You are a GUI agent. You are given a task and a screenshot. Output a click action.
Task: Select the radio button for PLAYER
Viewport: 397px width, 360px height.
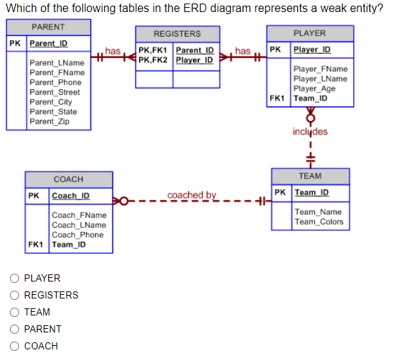[13, 279]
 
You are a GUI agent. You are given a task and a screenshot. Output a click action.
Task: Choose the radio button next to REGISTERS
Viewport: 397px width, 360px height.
[13, 296]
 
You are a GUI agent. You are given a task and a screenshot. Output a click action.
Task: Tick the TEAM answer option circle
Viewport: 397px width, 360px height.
[13, 313]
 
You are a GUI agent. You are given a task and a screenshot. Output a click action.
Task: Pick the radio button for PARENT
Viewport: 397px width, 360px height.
[13, 330]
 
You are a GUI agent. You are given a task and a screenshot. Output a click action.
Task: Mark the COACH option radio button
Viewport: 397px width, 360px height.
[13, 347]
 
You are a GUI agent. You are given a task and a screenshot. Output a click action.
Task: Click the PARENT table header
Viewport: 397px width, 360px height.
[48, 27]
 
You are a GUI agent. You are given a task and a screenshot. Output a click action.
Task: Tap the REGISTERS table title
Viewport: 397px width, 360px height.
[177, 33]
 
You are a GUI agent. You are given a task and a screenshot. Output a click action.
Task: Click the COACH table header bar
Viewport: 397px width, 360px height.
[68, 179]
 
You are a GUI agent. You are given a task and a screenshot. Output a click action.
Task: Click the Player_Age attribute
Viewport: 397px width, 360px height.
[314, 88]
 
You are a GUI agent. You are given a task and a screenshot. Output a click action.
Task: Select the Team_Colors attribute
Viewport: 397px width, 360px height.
[318, 221]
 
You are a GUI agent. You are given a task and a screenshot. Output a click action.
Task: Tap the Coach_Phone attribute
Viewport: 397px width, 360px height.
[77, 235]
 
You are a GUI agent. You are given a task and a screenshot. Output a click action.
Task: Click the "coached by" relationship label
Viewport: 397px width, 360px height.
[192, 195]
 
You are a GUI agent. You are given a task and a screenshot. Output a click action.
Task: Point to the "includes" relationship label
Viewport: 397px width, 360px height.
[310, 132]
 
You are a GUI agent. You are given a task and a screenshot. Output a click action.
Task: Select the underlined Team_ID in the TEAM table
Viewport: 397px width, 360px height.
[311, 192]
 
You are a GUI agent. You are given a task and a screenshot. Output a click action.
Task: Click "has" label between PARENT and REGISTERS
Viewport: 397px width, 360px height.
[113, 50]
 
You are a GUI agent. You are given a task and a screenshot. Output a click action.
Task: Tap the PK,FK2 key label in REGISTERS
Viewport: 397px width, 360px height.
[154, 60]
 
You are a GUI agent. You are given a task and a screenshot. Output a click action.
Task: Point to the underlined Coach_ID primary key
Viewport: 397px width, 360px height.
[71, 196]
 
